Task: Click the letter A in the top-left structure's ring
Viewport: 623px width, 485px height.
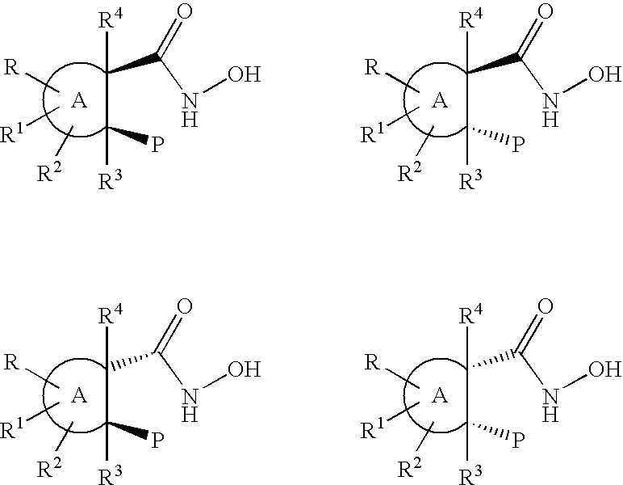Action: [x=78, y=101]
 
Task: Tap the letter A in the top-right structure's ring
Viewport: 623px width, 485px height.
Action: [x=439, y=101]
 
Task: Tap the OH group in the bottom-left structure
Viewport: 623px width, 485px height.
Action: [x=244, y=369]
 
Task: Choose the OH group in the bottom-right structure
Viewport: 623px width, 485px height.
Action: [x=604, y=369]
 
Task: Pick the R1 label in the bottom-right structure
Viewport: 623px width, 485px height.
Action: [x=371, y=428]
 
